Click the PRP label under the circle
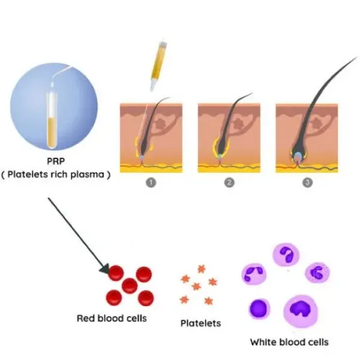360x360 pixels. [x=56, y=161]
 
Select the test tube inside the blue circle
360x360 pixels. [x=52, y=120]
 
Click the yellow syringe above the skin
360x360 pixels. [x=158, y=66]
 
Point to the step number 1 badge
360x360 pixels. [x=151, y=183]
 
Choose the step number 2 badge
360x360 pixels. [x=229, y=183]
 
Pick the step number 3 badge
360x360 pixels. [x=307, y=183]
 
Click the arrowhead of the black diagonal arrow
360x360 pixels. [x=104, y=269]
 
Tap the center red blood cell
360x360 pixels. [x=130, y=286]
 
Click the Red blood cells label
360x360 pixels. [x=112, y=318]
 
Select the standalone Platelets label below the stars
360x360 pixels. [x=201, y=323]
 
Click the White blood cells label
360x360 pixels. [x=289, y=342]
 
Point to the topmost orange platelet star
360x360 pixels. [x=202, y=269]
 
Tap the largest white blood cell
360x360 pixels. [x=300, y=311]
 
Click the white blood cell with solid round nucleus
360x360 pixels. [x=259, y=309]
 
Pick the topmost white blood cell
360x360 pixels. [x=286, y=255]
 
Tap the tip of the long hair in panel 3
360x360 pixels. [x=357, y=58]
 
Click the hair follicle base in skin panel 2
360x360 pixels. [x=220, y=155]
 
